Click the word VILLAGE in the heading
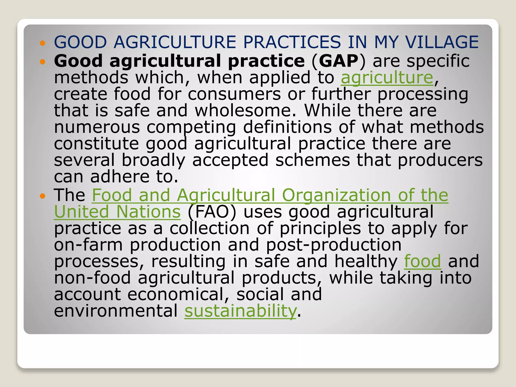point(442,42)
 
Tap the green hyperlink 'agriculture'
point(387,78)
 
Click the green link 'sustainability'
point(241,311)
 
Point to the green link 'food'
point(423,261)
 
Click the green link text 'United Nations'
point(117,212)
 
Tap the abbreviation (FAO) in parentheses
point(212,212)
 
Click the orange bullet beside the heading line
point(42,43)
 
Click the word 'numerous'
point(97,127)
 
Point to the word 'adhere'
point(120,177)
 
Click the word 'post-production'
point(334,245)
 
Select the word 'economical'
point(178,295)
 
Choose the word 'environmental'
point(116,311)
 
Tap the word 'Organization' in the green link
point(336,195)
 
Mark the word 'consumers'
point(234,94)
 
